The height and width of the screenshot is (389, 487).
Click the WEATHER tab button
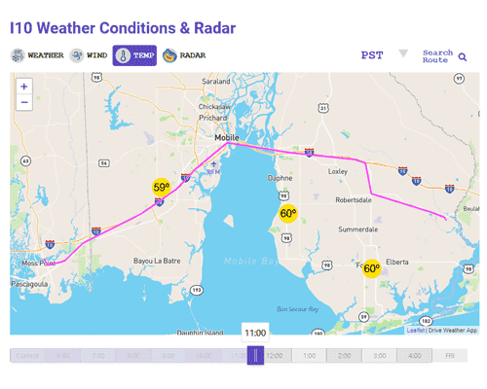coord(37,55)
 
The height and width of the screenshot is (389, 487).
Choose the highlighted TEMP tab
coord(134,55)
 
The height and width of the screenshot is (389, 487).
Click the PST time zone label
coord(371,55)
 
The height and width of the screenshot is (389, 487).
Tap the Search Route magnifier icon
coord(463,57)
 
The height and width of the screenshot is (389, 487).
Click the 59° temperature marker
coord(161,188)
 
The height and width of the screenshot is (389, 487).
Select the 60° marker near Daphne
coord(288,214)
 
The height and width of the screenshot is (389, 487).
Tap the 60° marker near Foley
coord(372,267)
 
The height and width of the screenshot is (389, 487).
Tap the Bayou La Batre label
coord(155,261)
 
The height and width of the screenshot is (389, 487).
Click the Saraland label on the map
coord(215,81)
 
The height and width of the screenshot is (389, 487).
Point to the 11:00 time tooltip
coord(254,333)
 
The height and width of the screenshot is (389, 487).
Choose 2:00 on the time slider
coord(344,356)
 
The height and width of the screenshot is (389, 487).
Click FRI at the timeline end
coord(450,356)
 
